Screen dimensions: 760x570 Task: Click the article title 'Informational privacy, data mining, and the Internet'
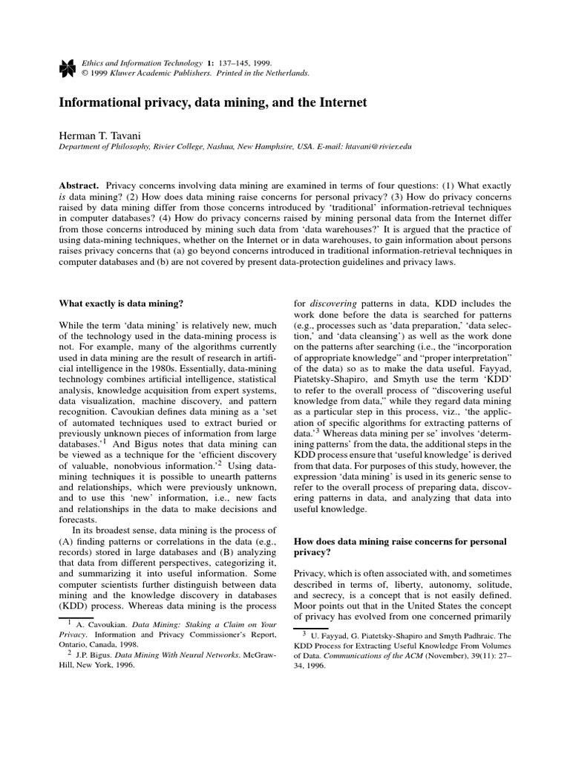click(213, 102)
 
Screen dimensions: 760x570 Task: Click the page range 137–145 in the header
click(234, 63)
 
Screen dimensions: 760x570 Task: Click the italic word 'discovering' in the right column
click(338, 304)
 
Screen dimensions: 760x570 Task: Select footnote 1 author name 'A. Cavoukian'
click(98, 624)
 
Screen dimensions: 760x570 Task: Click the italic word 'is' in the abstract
click(63, 196)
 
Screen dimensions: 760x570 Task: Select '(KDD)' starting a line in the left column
click(73, 605)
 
